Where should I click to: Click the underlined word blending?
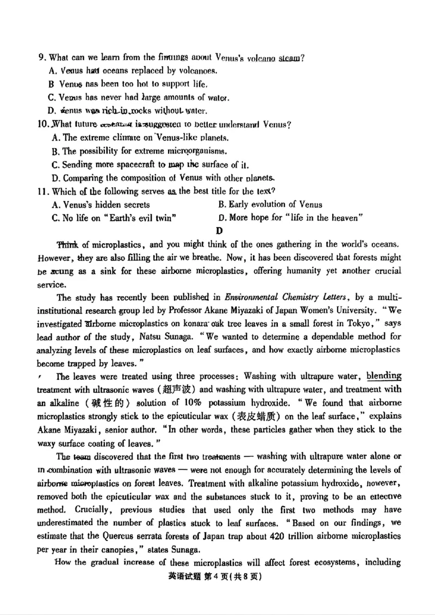tap(384, 376)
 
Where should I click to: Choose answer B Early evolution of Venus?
tap(270, 205)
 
